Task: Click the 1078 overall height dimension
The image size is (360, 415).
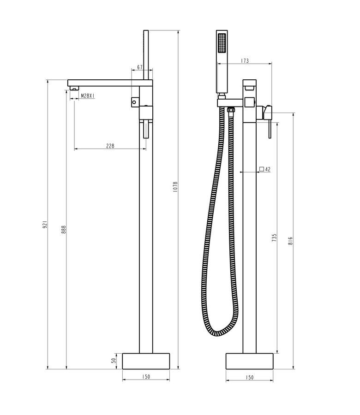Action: click(175, 187)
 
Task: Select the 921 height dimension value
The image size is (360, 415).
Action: click(45, 224)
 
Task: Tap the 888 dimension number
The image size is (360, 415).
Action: click(64, 229)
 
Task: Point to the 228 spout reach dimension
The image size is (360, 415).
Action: click(110, 146)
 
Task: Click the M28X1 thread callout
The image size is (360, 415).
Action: click(88, 95)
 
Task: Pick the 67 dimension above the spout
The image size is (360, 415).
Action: click(140, 67)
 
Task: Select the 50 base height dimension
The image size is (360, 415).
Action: click(114, 361)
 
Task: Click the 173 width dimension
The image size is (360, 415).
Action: click(245, 60)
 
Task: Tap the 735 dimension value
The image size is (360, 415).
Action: click(274, 237)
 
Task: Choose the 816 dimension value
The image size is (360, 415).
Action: click(291, 241)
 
